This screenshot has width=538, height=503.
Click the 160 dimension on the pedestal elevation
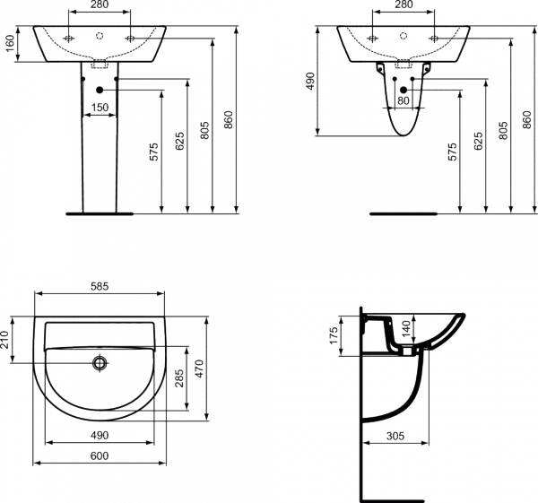pos(10,43)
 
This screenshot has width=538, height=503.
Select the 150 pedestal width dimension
pos(100,108)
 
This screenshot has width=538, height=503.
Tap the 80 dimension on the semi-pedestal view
pos(403,101)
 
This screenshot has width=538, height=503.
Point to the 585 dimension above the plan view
pos(100,287)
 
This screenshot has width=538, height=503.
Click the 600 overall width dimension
pos(100,455)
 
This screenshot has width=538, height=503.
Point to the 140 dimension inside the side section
pos(404,330)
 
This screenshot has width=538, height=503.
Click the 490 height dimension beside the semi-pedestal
pos(312,82)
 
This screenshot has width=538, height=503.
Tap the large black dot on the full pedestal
pos(99,89)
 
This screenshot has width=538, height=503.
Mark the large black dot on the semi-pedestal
pos(403,89)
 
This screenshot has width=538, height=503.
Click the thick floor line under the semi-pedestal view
pos(403,215)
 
